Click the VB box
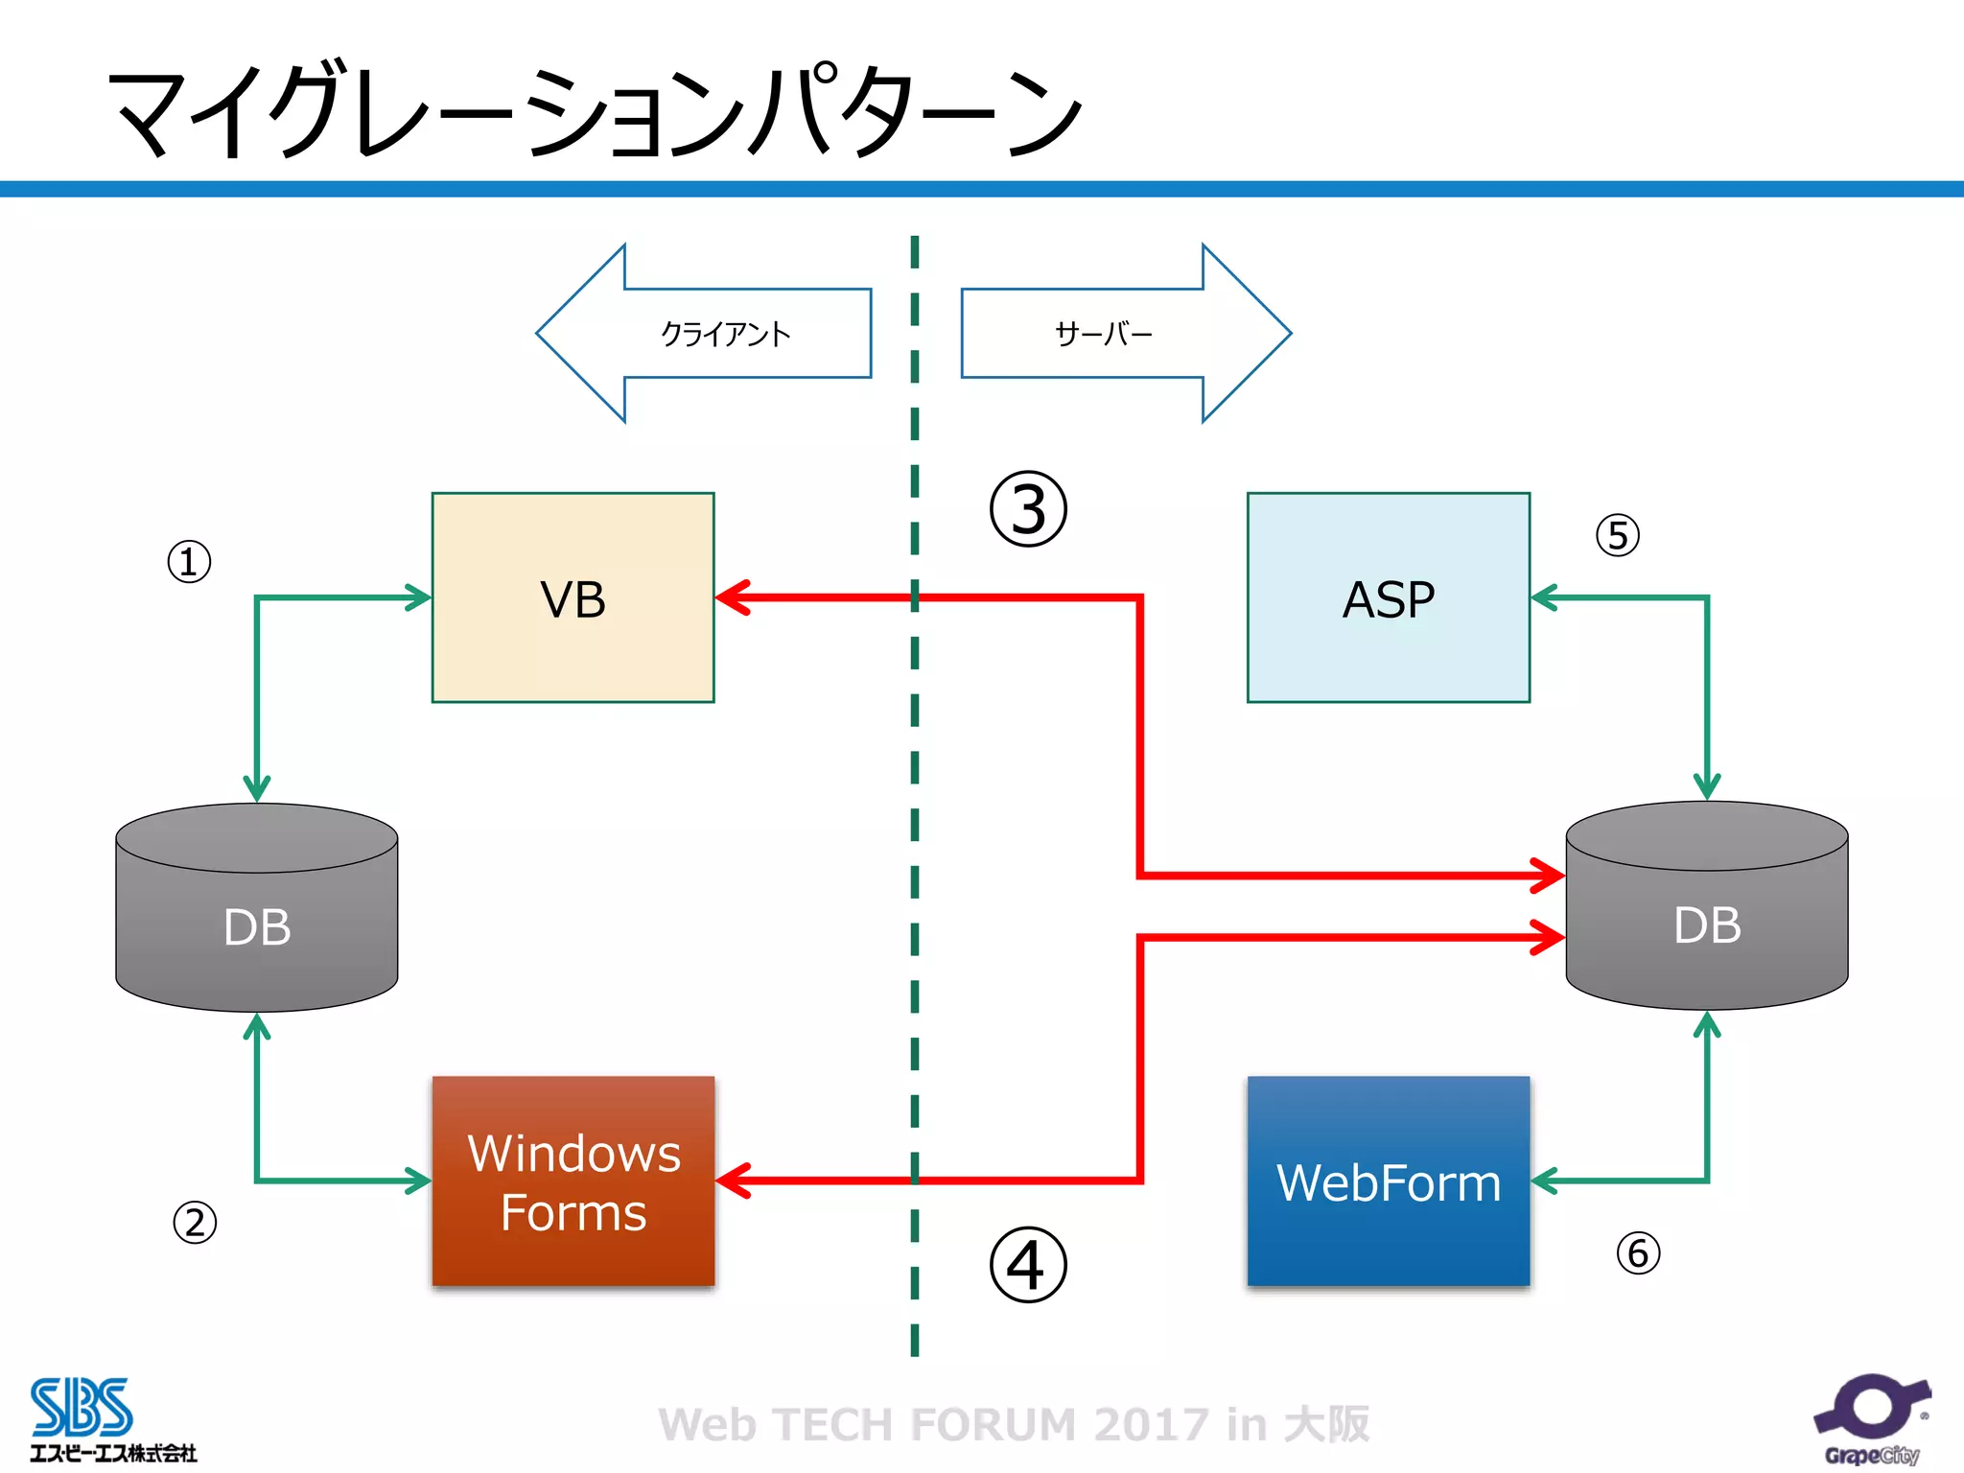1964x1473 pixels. (x=573, y=597)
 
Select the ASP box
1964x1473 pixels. (x=1388, y=597)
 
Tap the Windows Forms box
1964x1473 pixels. (x=573, y=1181)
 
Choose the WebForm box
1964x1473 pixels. (x=1388, y=1181)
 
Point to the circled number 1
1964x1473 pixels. (x=189, y=562)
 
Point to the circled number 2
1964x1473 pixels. (x=195, y=1223)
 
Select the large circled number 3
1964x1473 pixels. (x=1028, y=509)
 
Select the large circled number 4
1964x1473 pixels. (x=1028, y=1265)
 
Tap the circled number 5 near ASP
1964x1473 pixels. (x=1618, y=535)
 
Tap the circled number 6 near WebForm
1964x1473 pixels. (x=1638, y=1253)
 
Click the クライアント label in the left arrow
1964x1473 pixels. (x=725, y=334)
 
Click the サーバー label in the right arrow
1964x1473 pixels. (x=1103, y=334)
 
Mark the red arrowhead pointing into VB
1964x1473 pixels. (x=734, y=597)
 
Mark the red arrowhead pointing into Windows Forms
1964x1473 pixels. (x=734, y=1181)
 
